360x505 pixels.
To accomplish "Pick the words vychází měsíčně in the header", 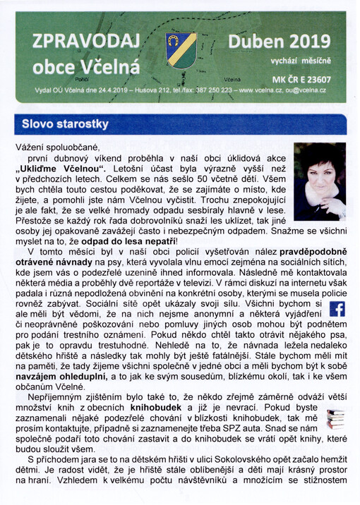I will tap(311, 62).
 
